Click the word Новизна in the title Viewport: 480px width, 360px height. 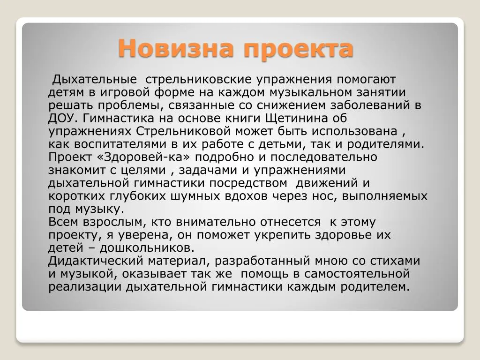(x=176, y=48)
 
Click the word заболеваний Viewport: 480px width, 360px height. (x=370, y=105)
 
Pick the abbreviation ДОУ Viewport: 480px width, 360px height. (x=61, y=118)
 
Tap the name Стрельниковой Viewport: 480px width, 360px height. (x=183, y=131)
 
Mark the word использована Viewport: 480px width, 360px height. (x=354, y=131)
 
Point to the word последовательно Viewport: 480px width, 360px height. (x=324, y=157)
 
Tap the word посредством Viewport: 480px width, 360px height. (x=248, y=183)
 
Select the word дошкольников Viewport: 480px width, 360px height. (x=147, y=247)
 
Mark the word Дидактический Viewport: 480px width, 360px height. (x=96, y=261)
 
